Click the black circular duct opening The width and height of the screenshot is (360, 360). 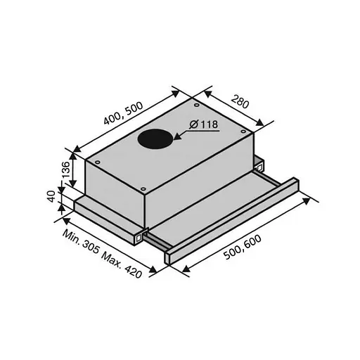pos(155,140)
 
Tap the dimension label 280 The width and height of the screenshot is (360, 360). pos(240,103)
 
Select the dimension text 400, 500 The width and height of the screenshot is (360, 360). pos(123,113)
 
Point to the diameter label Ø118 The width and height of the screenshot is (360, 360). pos(204,124)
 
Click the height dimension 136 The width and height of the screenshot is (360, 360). pos(65,169)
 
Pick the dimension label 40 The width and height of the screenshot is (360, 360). pos(51,196)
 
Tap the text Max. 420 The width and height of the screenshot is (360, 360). pos(122,265)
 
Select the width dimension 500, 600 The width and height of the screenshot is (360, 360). pos(243,247)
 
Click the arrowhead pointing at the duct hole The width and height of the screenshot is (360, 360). pos(177,136)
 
